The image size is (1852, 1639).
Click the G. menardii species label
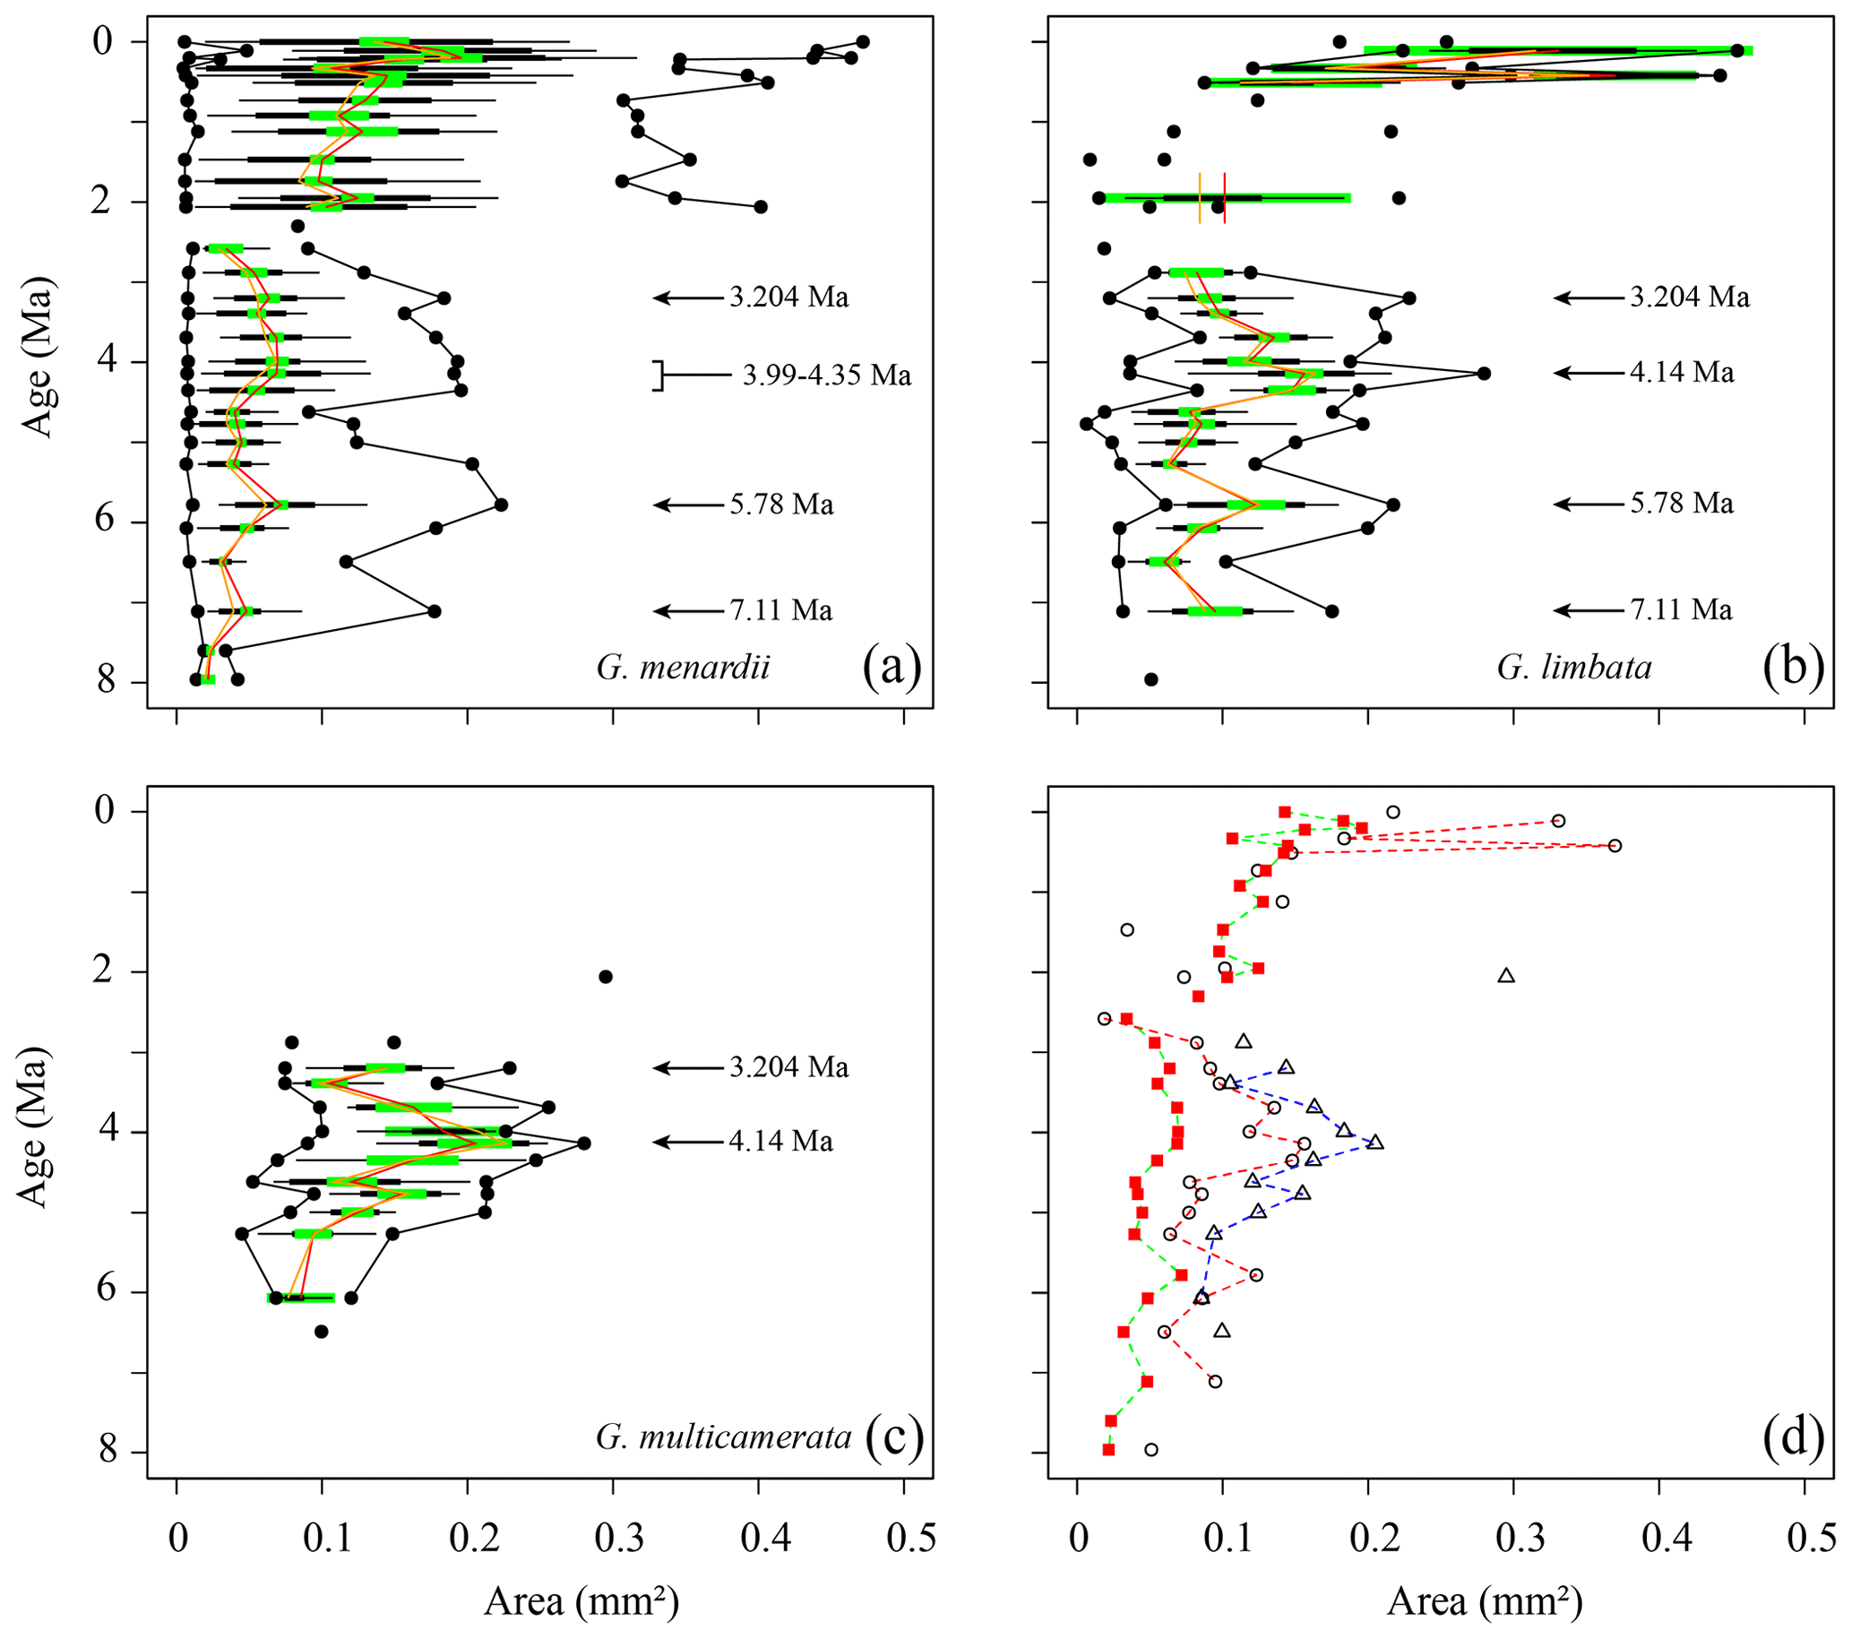[682, 668]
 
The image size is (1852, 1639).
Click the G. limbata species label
[1574, 668]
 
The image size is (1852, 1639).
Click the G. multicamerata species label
[723, 1436]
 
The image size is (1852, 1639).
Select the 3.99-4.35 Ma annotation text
[826, 375]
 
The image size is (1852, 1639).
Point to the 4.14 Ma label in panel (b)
[1682, 373]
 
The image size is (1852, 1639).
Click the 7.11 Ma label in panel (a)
[781, 610]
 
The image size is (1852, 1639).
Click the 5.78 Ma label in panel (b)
[1682, 504]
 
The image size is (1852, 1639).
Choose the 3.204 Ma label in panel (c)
[789, 1067]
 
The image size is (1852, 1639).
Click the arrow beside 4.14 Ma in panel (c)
[688, 1143]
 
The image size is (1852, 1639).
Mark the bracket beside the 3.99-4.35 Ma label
[659, 376]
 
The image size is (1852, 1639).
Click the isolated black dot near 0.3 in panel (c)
[606, 976]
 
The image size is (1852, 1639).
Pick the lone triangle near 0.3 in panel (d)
[1506, 975]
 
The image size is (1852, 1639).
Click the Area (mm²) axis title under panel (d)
[1484, 1602]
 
